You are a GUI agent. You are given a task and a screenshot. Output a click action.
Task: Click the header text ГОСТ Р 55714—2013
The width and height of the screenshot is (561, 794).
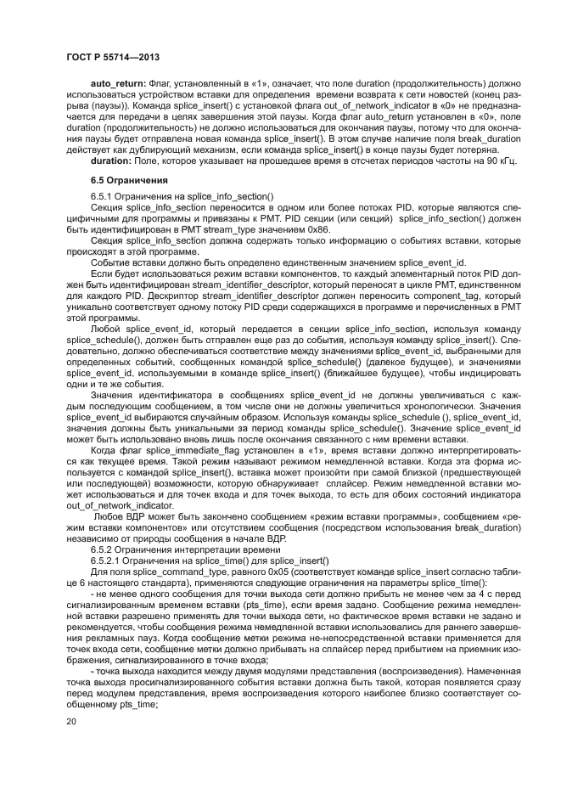(x=113, y=57)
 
